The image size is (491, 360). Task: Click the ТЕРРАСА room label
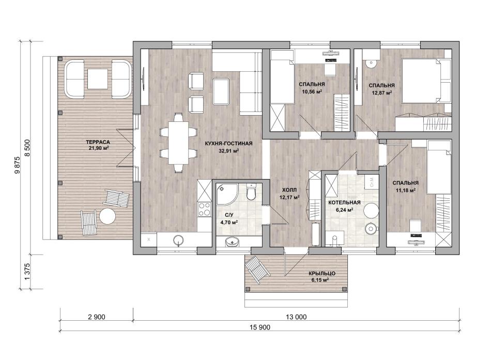[x=98, y=142]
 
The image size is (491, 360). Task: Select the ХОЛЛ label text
[x=289, y=190]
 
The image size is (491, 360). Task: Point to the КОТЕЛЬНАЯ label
[x=344, y=202]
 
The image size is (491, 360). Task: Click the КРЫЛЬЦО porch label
[x=323, y=273]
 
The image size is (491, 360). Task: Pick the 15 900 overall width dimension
[x=260, y=327]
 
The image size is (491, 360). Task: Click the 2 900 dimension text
[x=97, y=317]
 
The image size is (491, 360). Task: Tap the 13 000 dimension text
[x=296, y=317]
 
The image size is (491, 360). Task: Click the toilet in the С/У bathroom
[x=252, y=192]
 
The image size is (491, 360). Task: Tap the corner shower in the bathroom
[x=227, y=194]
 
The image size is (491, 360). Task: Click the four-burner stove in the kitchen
[x=205, y=209]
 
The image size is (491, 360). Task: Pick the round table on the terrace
[x=108, y=216]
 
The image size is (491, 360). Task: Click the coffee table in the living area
[x=221, y=92]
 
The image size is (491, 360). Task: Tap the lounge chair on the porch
[x=257, y=270]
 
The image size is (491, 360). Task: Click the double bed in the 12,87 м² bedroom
[x=426, y=81]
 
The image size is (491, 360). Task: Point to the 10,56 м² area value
[x=312, y=91]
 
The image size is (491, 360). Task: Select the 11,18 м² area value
[x=405, y=190]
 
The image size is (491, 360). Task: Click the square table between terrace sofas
[x=97, y=79]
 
